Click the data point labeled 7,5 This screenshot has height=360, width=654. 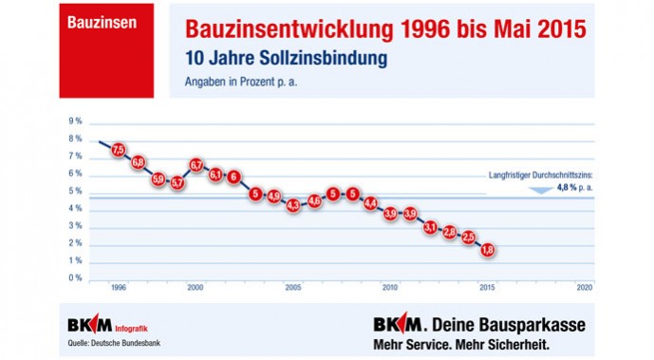click(119, 149)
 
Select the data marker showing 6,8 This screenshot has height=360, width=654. click(139, 162)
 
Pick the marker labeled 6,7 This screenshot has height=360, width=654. click(196, 164)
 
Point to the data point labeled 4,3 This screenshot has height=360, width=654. click(293, 205)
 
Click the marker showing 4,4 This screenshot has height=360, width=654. click(371, 203)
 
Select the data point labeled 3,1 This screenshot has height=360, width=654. click(430, 227)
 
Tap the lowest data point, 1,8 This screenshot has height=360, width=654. click(488, 250)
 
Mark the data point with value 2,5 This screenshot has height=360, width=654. click(468, 237)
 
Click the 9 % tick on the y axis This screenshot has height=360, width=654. click(74, 122)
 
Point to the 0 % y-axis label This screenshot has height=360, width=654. click(74, 278)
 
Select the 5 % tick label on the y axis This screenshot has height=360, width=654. click(74, 191)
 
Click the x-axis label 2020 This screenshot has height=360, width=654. click(585, 286)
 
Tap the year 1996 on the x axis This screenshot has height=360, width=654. click(119, 286)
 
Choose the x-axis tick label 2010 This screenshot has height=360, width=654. click(390, 286)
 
